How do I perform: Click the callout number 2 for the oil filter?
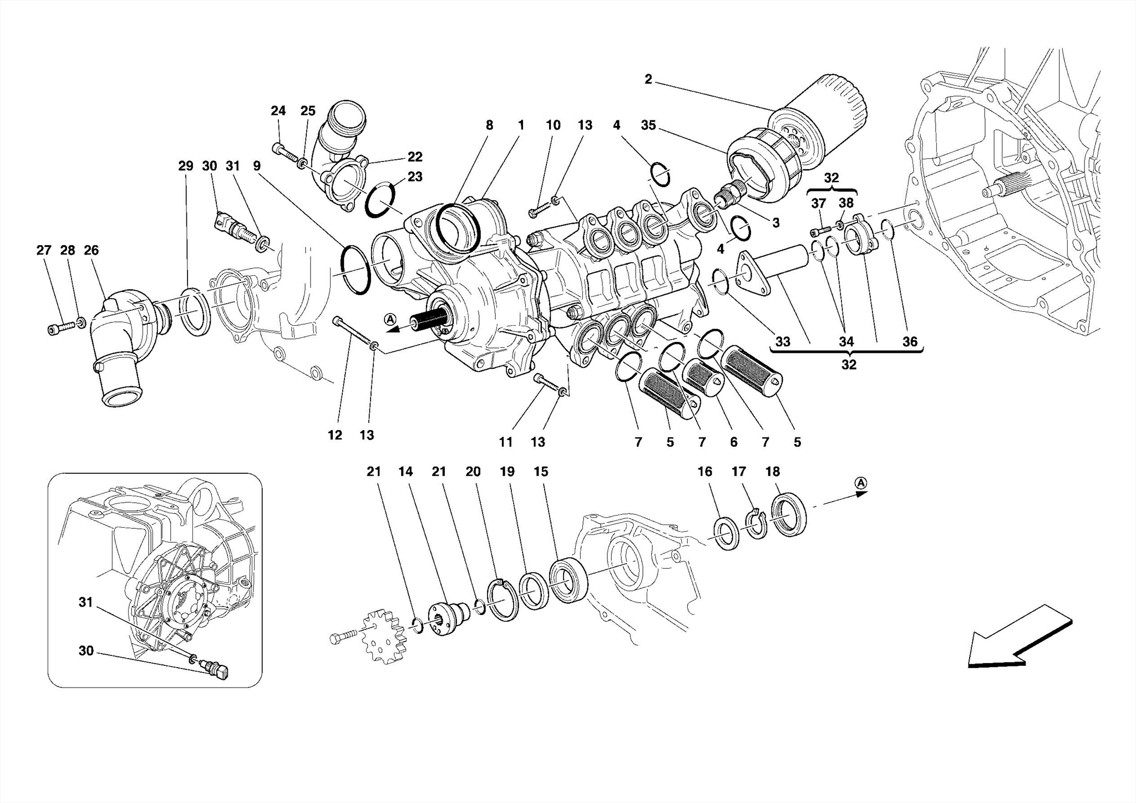tap(648, 79)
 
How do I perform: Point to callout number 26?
tap(91, 250)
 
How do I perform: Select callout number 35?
tap(648, 125)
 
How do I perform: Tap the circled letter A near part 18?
tap(860, 483)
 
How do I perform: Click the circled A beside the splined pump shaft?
tap(390, 319)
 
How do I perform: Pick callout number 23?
tap(415, 177)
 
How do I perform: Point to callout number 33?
tap(782, 342)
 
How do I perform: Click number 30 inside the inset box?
tap(86, 650)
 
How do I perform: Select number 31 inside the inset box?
tap(85, 603)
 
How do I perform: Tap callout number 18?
tap(772, 472)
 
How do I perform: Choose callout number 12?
tap(334, 436)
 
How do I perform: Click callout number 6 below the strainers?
tap(733, 442)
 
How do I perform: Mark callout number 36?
tap(910, 342)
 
